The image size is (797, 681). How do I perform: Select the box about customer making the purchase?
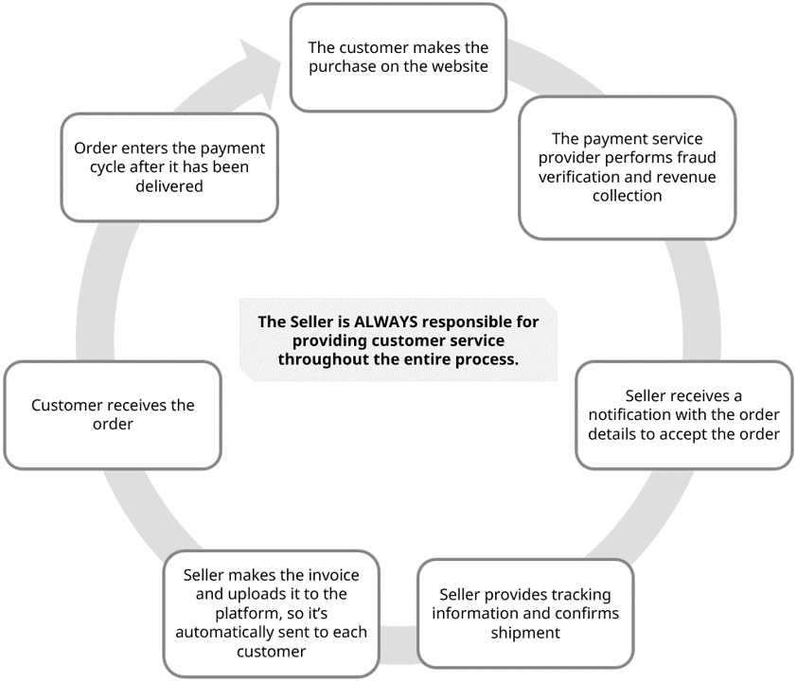(x=398, y=57)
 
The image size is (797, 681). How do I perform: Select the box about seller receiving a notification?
(x=683, y=414)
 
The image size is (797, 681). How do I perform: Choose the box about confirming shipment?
(x=525, y=613)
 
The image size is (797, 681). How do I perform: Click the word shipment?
(x=525, y=633)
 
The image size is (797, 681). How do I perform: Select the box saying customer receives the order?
(x=113, y=414)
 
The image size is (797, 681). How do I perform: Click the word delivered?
(x=168, y=186)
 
